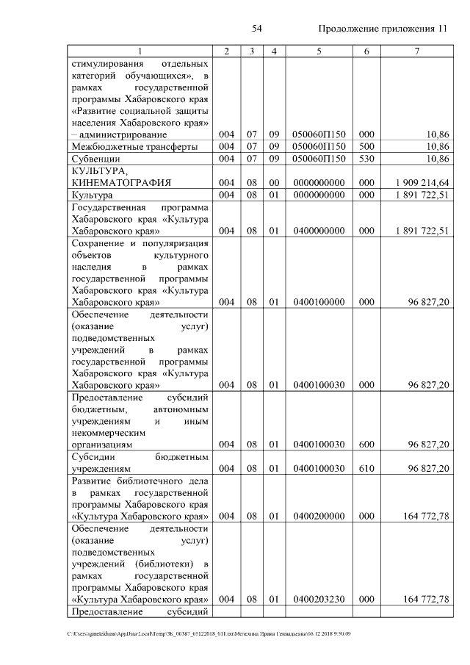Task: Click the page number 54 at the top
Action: (x=257, y=29)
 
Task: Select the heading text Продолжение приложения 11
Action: (x=383, y=29)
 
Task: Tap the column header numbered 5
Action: (x=319, y=51)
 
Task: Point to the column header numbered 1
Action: (x=140, y=51)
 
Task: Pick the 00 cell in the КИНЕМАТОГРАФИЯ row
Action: (x=273, y=182)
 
